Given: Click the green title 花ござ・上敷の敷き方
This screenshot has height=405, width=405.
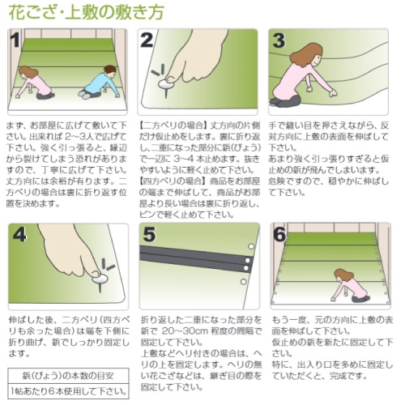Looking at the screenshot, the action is click(x=87, y=12).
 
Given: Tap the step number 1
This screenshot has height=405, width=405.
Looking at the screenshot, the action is click(x=15, y=40).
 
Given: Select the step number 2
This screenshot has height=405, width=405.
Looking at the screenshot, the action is click(x=147, y=40).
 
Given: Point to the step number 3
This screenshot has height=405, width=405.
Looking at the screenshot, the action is click(x=279, y=40).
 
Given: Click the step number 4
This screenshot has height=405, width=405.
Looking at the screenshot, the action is click(x=19, y=234).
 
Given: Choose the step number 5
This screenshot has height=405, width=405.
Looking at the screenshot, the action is click(x=149, y=234).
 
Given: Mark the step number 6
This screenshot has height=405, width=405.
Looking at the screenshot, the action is click(x=279, y=234).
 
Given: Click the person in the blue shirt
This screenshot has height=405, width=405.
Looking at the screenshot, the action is click(x=100, y=83).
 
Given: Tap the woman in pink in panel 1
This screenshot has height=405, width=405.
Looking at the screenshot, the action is click(x=35, y=83).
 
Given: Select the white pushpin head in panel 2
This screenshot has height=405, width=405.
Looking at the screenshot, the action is click(x=166, y=84).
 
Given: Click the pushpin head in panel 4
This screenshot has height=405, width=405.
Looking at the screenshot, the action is click(x=100, y=279).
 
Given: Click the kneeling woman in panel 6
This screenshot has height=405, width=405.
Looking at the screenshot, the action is click(x=349, y=286).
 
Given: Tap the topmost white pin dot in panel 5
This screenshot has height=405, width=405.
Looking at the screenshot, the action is click(x=251, y=246).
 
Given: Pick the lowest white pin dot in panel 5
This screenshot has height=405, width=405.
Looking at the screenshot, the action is click(x=243, y=282).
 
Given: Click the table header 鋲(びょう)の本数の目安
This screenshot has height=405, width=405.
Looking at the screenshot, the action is click(x=68, y=376).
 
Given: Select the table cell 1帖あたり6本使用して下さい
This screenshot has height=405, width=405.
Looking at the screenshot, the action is click(x=69, y=391).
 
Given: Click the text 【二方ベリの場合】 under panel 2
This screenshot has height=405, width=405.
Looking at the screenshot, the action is click(x=173, y=126).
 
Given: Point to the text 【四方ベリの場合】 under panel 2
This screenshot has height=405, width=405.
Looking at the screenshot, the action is click(x=173, y=181).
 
